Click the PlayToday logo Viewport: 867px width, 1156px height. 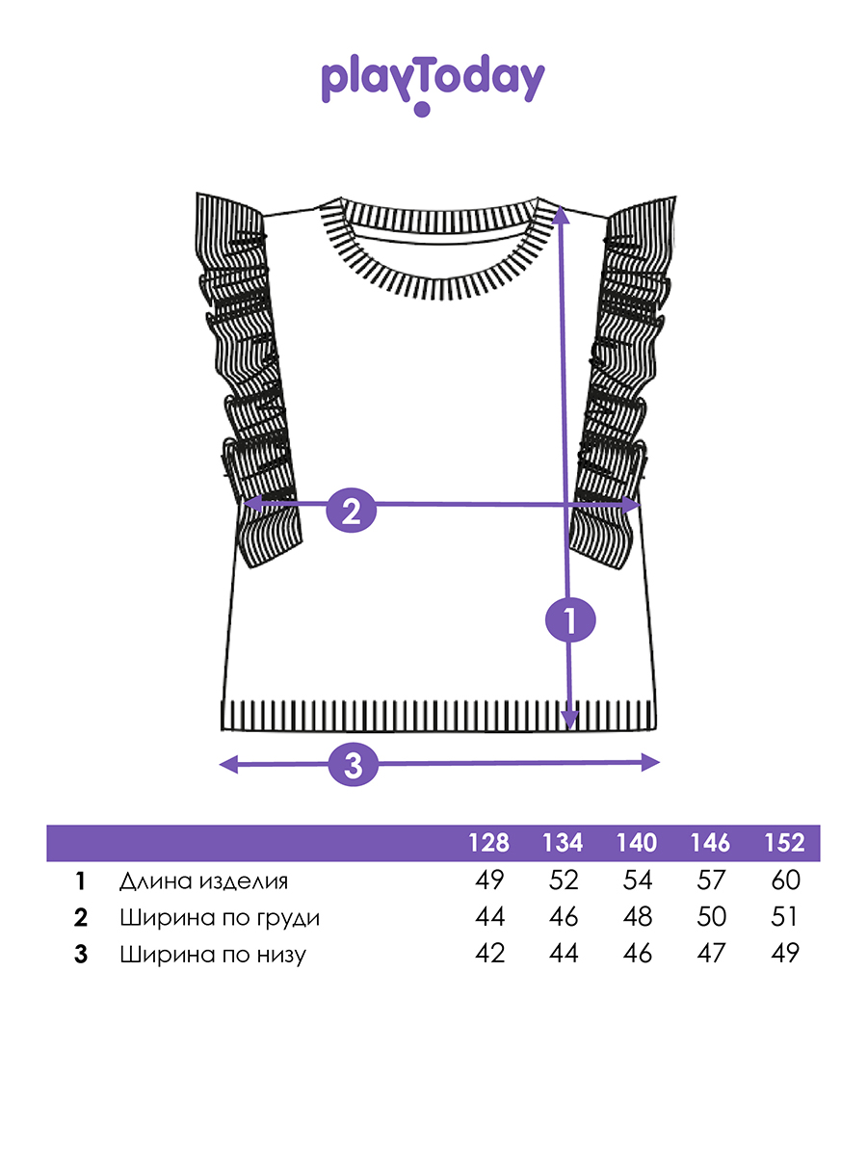[x=433, y=84]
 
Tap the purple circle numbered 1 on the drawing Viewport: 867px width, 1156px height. [x=570, y=619]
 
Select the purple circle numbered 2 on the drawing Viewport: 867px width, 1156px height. [x=351, y=511]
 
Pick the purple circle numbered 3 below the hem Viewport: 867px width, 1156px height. [x=354, y=765]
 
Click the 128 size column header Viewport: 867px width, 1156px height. [x=489, y=843]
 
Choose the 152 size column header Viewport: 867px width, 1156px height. [x=784, y=843]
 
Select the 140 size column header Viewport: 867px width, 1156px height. [x=637, y=843]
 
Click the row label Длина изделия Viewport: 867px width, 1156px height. [x=203, y=881]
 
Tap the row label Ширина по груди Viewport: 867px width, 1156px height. [x=220, y=918]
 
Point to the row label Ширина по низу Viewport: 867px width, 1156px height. [x=213, y=955]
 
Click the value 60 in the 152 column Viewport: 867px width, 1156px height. [x=785, y=880]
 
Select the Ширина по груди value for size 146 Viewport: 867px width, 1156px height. [x=711, y=917]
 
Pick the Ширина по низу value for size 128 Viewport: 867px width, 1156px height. [x=489, y=954]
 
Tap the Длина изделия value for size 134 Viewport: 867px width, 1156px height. [x=564, y=880]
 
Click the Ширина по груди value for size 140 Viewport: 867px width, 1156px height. [x=638, y=917]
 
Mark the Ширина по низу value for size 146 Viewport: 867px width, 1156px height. [x=711, y=954]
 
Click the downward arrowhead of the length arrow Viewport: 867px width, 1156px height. [x=569, y=720]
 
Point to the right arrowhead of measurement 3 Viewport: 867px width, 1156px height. [x=650, y=762]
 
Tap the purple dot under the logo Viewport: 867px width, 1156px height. [x=422, y=109]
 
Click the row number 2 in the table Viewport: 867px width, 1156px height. [x=81, y=918]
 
